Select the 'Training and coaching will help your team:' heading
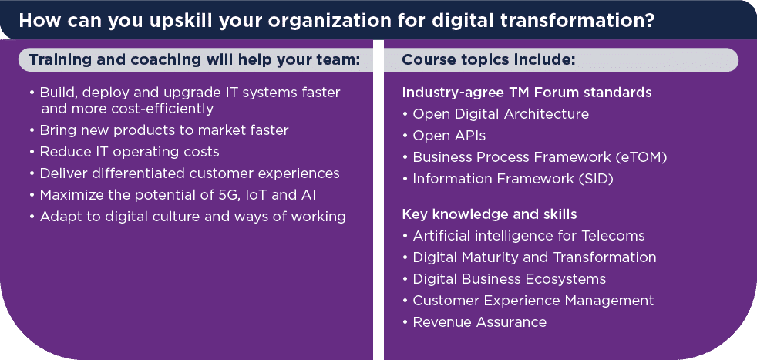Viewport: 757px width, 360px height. [x=194, y=60]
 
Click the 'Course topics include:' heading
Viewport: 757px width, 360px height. [x=489, y=60]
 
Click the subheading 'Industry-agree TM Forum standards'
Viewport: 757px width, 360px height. [x=527, y=93]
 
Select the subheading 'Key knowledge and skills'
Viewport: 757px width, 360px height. [x=490, y=214]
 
